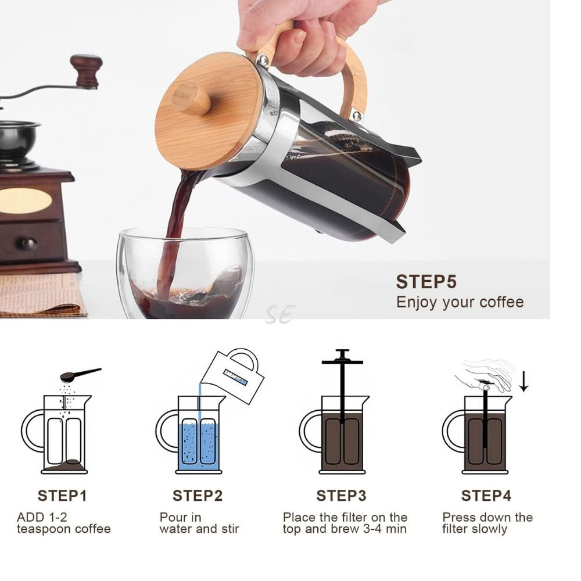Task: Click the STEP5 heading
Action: click(426, 282)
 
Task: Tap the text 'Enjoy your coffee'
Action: click(460, 302)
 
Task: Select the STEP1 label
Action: click(62, 496)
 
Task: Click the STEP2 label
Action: click(198, 496)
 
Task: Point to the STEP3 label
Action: click(341, 496)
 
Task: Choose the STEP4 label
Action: click(486, 496)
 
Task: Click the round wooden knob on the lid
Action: click(191, 98)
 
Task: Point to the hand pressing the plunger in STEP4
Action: click(487, 374)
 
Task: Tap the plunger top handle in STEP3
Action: click(342, 358)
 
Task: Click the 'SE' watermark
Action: click(280, 314)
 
